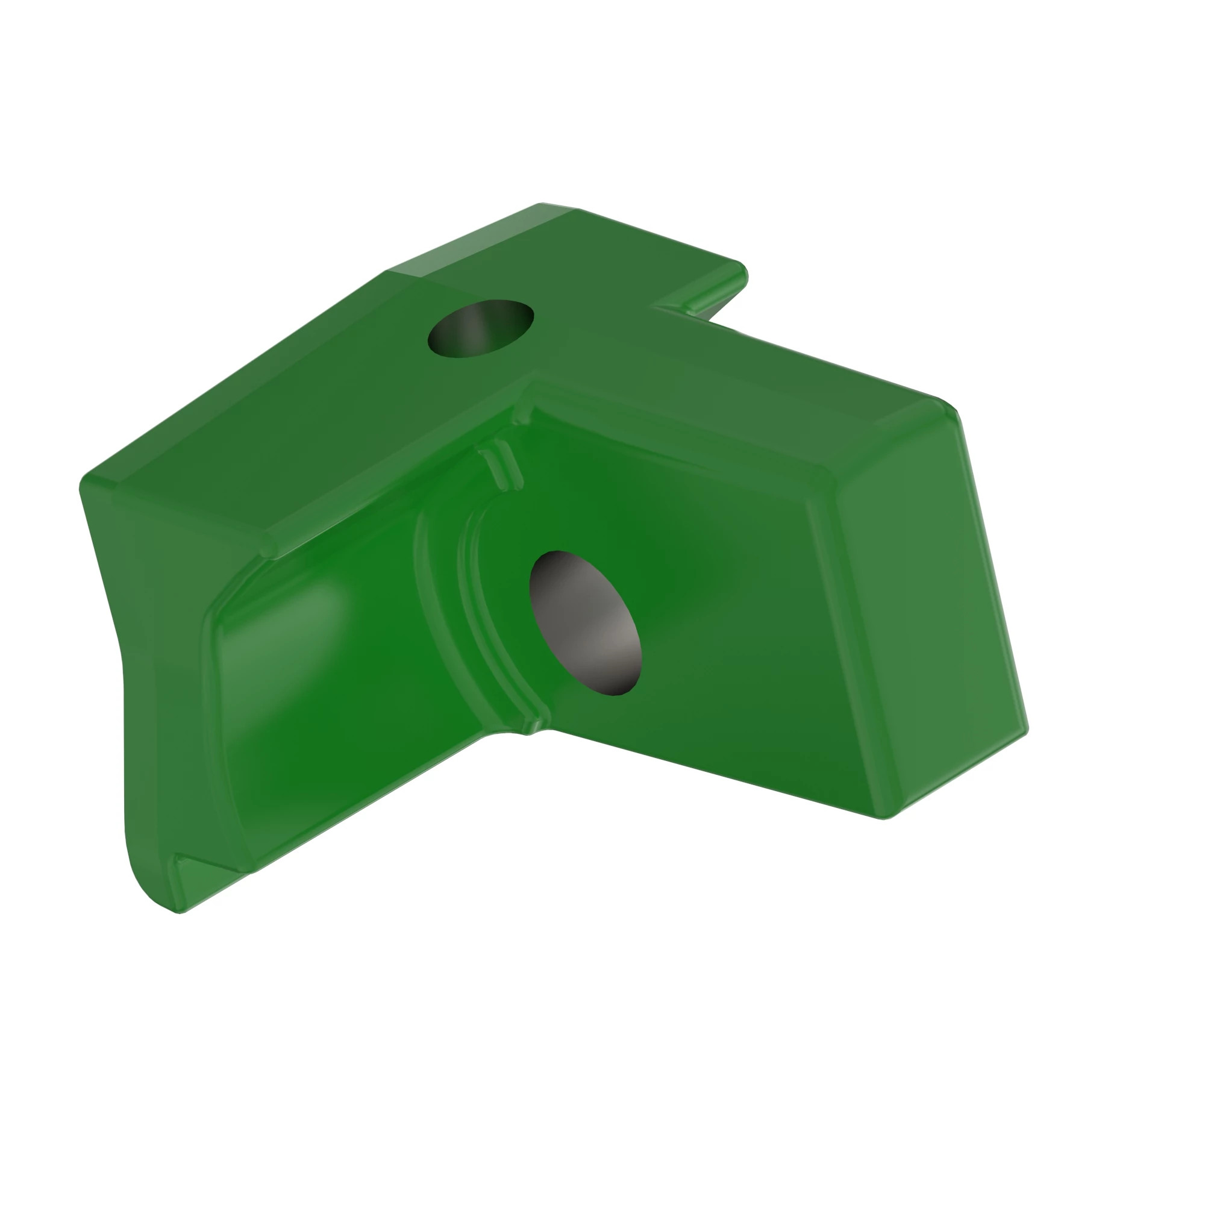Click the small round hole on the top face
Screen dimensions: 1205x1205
click(x=480, y=329)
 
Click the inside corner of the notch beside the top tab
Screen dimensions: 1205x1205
click(x=655, y=306)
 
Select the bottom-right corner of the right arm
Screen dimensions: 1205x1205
click(x=884, y=817)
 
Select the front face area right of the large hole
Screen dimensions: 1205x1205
click(x=748, y=655)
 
